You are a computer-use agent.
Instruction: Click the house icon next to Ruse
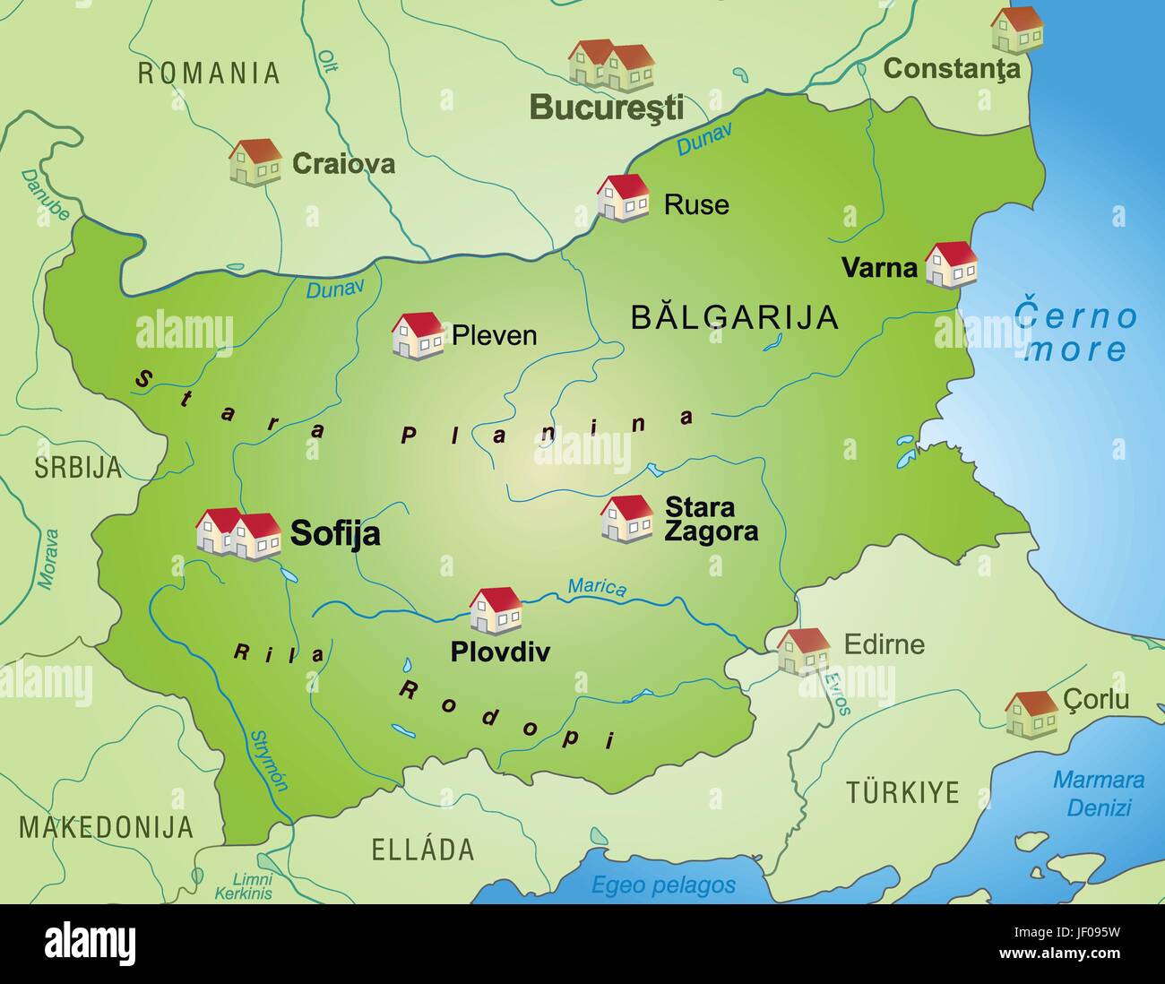click(623, 197)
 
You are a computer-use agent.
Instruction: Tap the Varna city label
click(879, 267)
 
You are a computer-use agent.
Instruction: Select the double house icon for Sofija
click(238, 533)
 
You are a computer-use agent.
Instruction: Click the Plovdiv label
click(500, 652)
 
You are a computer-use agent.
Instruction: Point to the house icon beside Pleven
click(418, 335)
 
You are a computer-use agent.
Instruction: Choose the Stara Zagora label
click(711, 519)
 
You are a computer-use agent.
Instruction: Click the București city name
click(606, 107)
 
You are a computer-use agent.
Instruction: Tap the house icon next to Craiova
click(255, 161)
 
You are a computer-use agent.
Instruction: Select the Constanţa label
click(952, 68)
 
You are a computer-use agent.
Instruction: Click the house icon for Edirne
click(803, 651)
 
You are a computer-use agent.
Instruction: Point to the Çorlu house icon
click(1031, 713)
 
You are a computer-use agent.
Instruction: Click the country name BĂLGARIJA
click(734, 317)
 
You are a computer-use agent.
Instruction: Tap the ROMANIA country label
click(209, 73)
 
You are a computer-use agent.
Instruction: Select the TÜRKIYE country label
click(902, 792)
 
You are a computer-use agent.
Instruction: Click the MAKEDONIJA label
click(106, 826)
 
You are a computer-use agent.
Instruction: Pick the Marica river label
click(597, 587)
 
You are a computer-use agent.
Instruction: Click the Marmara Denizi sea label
click(1099, 793)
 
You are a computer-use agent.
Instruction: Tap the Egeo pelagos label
click(663, 885)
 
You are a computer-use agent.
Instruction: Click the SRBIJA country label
click(78, 467)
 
